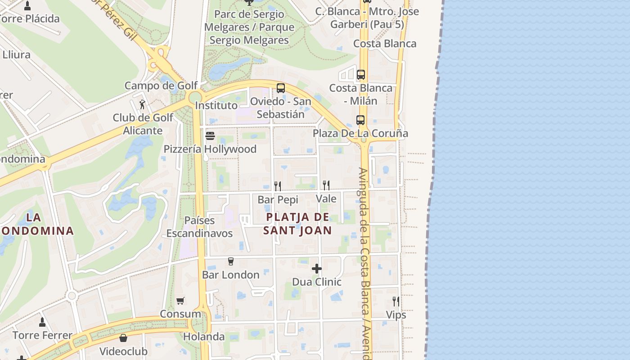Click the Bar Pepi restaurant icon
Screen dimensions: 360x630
point(278,186)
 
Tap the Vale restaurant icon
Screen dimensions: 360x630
point(326,185)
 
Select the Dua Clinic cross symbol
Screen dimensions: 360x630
point(317,269)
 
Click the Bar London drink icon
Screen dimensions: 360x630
point(231,261)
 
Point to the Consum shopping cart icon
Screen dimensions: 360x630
point(180,301)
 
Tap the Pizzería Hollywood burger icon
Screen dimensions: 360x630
point(210,135)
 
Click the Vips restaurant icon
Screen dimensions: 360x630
point(396,301)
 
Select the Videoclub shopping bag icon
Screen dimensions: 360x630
point(123,338)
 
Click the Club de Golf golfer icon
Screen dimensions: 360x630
point(143,104)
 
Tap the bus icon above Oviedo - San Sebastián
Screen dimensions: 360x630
point(281,88)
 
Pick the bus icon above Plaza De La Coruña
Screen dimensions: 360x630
point(360,120)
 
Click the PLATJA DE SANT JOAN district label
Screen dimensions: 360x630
point(297,224)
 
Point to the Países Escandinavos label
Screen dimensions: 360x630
point(199,227)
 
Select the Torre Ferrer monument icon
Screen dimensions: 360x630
point(42,322)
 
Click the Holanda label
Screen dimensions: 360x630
point(203,337)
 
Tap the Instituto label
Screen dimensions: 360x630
point(216,105)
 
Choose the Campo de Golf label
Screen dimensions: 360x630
point(161,85)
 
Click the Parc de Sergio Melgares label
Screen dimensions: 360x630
point(249,27)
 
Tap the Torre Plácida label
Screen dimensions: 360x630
point(30,19)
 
